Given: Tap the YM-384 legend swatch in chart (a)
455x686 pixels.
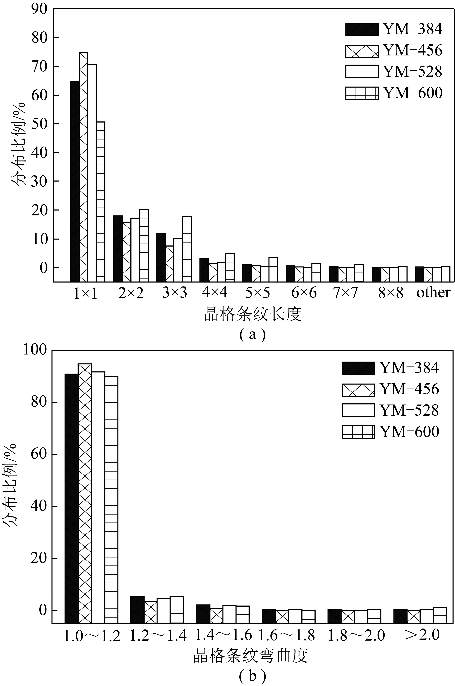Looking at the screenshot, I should [x=362, y=29].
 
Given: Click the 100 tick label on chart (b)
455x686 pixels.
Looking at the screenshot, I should [x=35, y=350].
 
